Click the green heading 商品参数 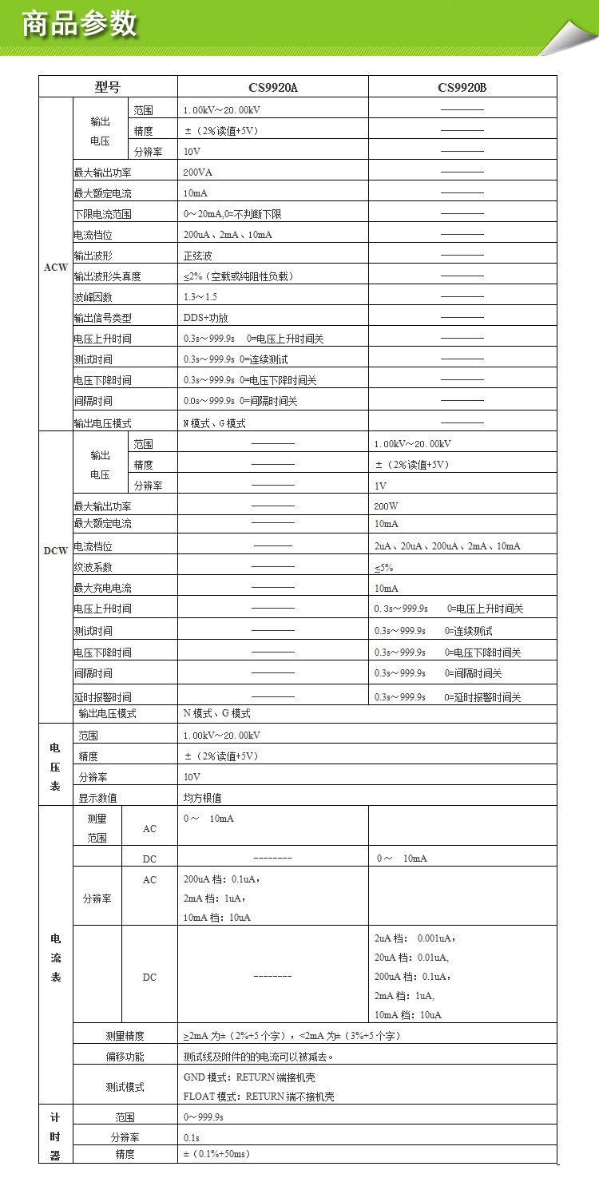point(80,25)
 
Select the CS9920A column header point(272,87)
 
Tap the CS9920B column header point(462,87)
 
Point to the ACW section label point(55,267)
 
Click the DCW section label point(55,551)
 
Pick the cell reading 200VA point(197,172)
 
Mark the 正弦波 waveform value point(198,256)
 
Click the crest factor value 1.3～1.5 point(200,297)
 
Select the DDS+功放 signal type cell point(205,318)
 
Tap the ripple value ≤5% point(383,568)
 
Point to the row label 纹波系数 point(93,568)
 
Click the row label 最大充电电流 point(102,589)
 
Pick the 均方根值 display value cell point(203,797)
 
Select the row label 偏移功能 point(125,1057)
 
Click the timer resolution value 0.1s point(192,1137)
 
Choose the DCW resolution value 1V point(380,486)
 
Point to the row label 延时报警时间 point(102,697)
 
